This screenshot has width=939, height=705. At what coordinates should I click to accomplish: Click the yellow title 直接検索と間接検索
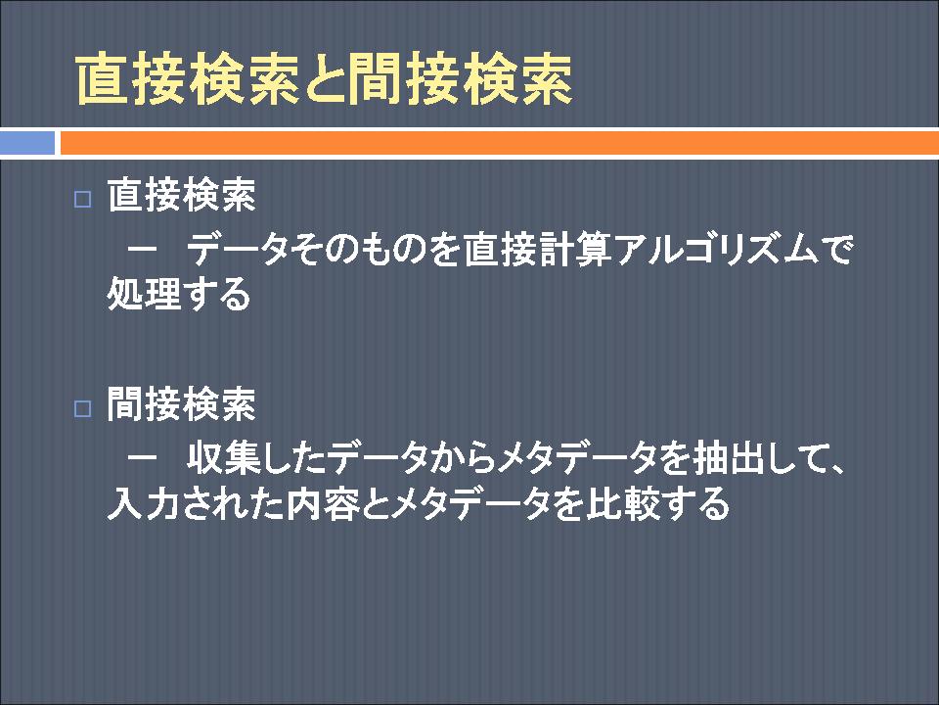pyautogui.click(x=324, y=79)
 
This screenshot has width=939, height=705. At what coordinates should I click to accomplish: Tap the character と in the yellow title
pyautogui.click(x=324, y=79)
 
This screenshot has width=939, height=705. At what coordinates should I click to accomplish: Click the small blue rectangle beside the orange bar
pyautogui.click(x=27, y=143)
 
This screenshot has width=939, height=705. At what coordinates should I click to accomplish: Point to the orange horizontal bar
pyautogui.click(x=500, y=143)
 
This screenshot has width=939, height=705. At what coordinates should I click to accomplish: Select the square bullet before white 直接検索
pyautogui.click(x=82, y=199)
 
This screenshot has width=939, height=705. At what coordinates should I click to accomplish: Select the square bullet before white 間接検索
pyautogui.click(x=82, y=409)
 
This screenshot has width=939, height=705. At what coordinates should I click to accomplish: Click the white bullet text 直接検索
pyautogui.click(x=182, y=195)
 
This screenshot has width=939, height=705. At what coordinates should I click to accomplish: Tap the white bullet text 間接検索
pyautogui.click(x=182, y=404)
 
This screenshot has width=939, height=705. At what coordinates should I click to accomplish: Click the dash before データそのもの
pyautogui.click(x=143, y=248)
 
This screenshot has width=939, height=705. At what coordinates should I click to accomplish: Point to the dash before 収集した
pyautogui.click(x=143, y=457)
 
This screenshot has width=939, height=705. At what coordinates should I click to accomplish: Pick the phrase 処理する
pyautogui.click(x=178, y=293)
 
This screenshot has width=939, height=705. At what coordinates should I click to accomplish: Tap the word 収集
pyautogui.click(x=223, y=458)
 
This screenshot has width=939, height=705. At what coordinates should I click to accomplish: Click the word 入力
pyautogui.click(x=144, y=502)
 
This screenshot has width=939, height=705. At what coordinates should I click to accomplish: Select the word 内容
pyautogui.click(x=323, y=502)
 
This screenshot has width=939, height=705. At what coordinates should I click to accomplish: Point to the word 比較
pyautogui.click(x=622, y=502)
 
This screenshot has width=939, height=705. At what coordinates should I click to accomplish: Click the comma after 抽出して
pyautogui.click(x=834, y=469)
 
